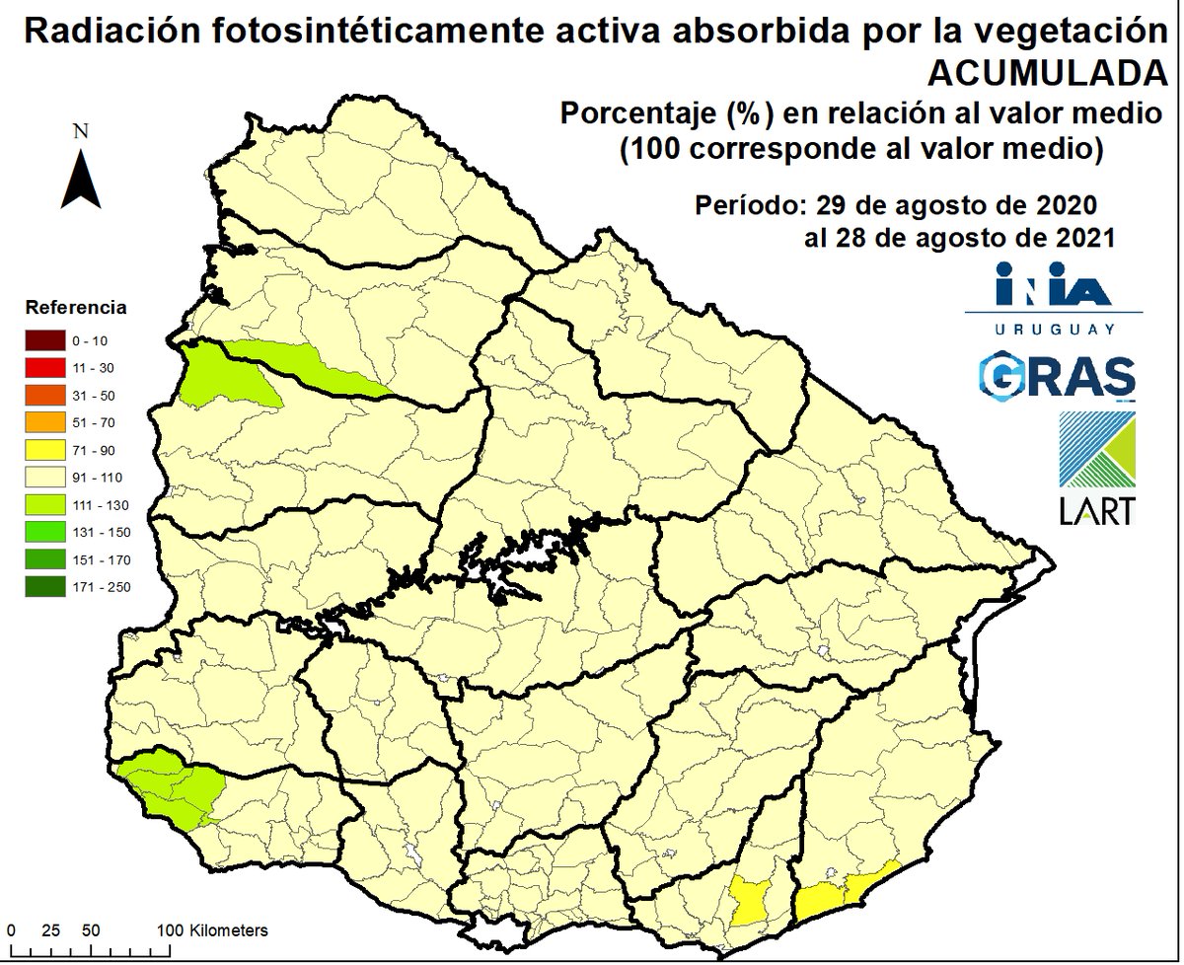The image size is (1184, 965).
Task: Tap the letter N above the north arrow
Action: point(82,131)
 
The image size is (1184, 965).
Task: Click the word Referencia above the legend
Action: point(76,307)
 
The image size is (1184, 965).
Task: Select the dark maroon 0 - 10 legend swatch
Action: point(44,341)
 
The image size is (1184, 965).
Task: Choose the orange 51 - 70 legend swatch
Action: point(44,423)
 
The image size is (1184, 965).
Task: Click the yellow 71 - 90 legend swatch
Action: point(44,451)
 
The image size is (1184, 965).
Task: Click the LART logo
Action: point(1095,469)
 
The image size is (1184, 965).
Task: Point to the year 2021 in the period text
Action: point(1081,238)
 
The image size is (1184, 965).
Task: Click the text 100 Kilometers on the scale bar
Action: point(213,930)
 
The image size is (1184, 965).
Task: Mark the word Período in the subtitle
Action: point(747,207)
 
